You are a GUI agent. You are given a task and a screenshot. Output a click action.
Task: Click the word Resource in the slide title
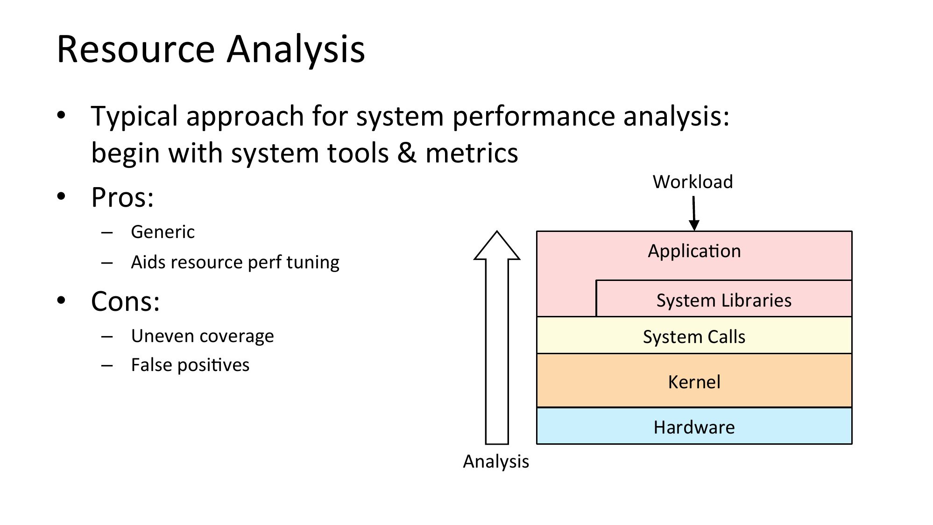[136, 49]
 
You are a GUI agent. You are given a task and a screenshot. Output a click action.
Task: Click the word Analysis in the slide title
[296, 49]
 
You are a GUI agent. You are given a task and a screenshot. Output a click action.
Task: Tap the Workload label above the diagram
[693, 182]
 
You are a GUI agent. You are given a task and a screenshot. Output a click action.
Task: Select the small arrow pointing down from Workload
[694, 213]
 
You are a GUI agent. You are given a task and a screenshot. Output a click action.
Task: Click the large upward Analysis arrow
[497, 337]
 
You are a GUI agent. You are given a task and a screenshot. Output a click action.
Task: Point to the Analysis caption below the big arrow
[496, 462]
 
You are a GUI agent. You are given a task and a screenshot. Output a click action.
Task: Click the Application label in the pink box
[694, 251]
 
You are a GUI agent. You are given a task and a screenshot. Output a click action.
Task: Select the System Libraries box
[724, 299]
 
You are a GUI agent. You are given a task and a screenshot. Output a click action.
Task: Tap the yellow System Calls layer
[694, 335]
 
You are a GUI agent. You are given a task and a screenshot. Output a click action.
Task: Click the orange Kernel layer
[694, 380]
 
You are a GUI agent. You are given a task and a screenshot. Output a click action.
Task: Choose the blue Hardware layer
[694, 426]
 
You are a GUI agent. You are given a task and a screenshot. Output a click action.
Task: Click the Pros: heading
[122, 197]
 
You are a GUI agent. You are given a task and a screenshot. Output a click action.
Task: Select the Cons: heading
[126, 301]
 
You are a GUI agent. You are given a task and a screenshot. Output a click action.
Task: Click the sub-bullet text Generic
[163, 232]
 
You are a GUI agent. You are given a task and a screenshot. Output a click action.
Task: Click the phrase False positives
[190, 365]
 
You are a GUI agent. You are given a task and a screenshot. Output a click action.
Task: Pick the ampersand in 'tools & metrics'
[407, 153]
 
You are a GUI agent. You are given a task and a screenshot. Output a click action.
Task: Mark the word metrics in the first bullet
[472, 153]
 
